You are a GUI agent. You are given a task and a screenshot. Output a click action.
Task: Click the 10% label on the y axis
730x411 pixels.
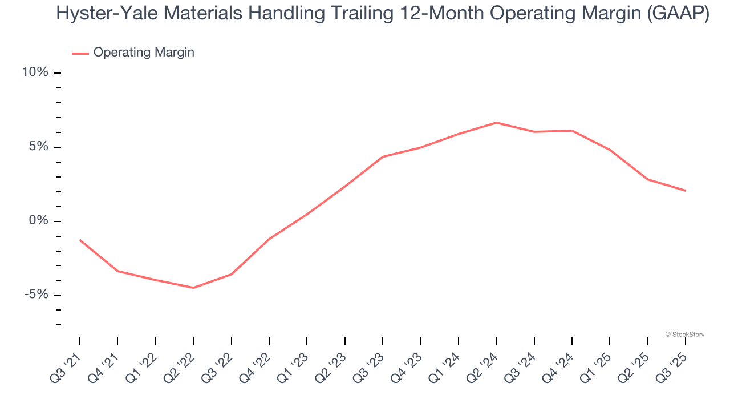pos(35,72)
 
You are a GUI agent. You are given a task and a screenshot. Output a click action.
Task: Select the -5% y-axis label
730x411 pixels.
pos(36,295)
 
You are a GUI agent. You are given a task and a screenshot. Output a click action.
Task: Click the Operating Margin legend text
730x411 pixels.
pos(144,53)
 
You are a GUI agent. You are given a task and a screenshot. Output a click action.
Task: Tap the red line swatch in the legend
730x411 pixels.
pos(80,53)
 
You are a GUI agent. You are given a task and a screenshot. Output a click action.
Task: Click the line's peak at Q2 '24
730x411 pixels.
pos(496,123)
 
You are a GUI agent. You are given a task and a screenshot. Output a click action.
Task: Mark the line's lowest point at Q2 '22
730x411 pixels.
pos(193,288)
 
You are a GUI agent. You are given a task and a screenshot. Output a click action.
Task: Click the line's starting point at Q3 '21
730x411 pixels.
pos(80,240)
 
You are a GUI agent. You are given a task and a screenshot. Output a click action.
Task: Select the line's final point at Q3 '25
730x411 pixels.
pos(685,191)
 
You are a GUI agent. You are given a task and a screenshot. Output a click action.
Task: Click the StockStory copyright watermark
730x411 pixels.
pos(684,335)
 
